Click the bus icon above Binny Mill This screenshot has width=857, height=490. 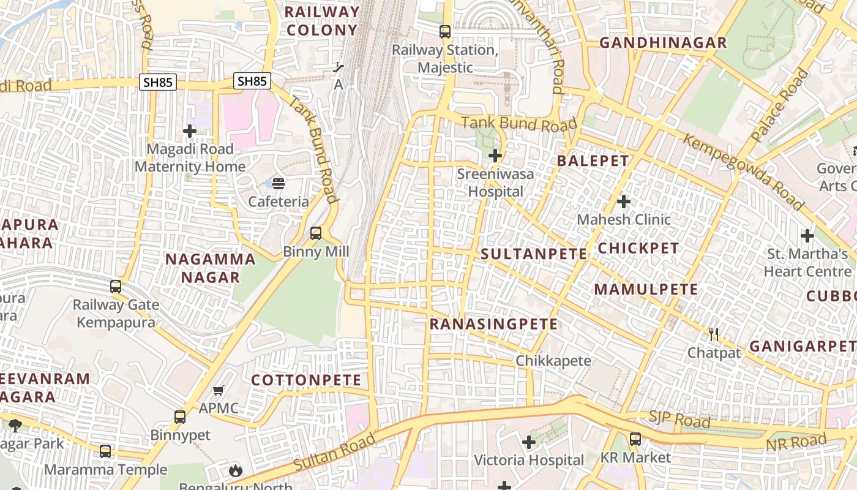point(316,233)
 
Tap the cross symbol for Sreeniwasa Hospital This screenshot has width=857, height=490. point(495,156)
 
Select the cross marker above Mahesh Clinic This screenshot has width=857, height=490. point(624,201)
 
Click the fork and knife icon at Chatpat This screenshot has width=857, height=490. point(714,334)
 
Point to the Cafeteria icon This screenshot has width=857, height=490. point(279,183)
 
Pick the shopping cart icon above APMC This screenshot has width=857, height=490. point(219,390)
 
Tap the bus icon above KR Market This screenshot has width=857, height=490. point(635,439)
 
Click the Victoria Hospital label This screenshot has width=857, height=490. point(529,459)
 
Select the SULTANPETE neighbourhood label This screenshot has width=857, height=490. point(534,254)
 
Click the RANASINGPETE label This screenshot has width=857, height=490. point(494,324)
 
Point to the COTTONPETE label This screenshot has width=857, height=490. point(306,380)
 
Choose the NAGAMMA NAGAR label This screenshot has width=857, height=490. point(211,268)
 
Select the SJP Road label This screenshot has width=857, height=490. point(679,420)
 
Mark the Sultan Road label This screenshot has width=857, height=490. point(334,453)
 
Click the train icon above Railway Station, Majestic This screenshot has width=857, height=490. point(445,32)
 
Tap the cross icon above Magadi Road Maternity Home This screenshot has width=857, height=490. point(190,130)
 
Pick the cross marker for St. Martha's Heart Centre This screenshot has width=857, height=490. point(807,235)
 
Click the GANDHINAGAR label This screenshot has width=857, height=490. point(663,43)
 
